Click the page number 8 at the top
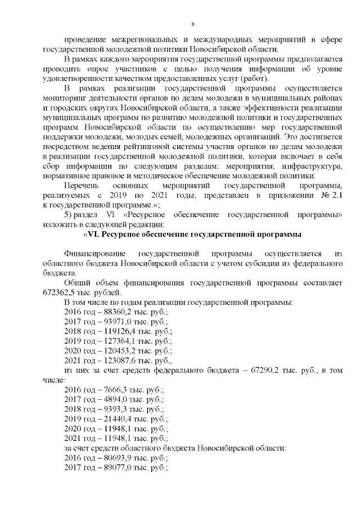coord(192,24)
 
